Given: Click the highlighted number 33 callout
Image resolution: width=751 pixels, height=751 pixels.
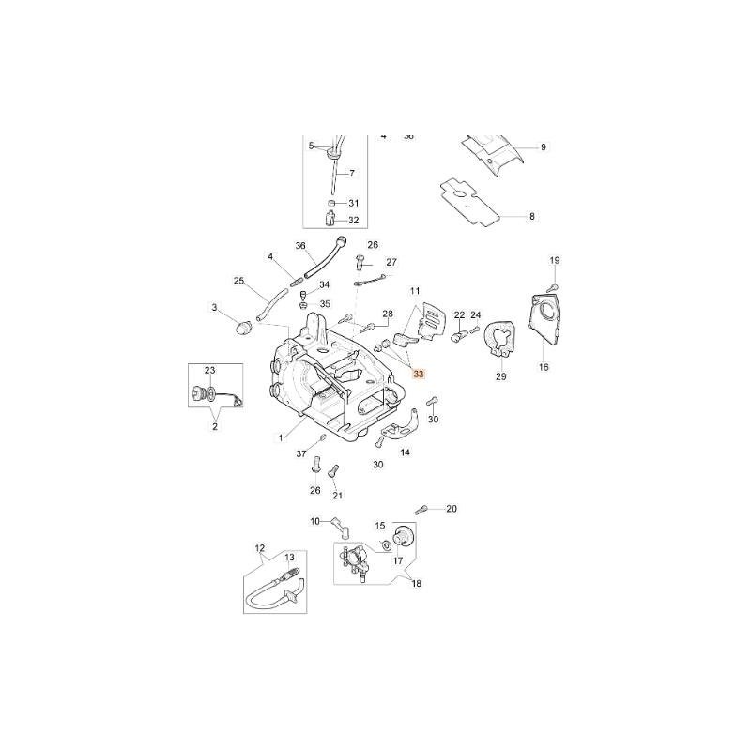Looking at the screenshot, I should point(419,374).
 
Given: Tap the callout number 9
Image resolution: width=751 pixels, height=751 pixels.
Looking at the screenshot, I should point(543,147).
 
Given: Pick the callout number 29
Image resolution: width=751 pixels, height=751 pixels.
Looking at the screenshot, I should point(500,376).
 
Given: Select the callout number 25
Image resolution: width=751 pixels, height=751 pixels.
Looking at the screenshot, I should point(238,281).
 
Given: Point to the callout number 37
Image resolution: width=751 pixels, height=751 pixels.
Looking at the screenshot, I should point(302,453).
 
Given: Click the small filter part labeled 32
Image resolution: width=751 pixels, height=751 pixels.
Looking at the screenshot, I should point(331,221).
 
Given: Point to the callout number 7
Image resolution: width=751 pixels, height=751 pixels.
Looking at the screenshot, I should point(351,174).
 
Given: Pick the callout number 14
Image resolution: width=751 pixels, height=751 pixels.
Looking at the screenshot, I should point(406,452).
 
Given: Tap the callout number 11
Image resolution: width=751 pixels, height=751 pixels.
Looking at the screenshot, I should point(414,292).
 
